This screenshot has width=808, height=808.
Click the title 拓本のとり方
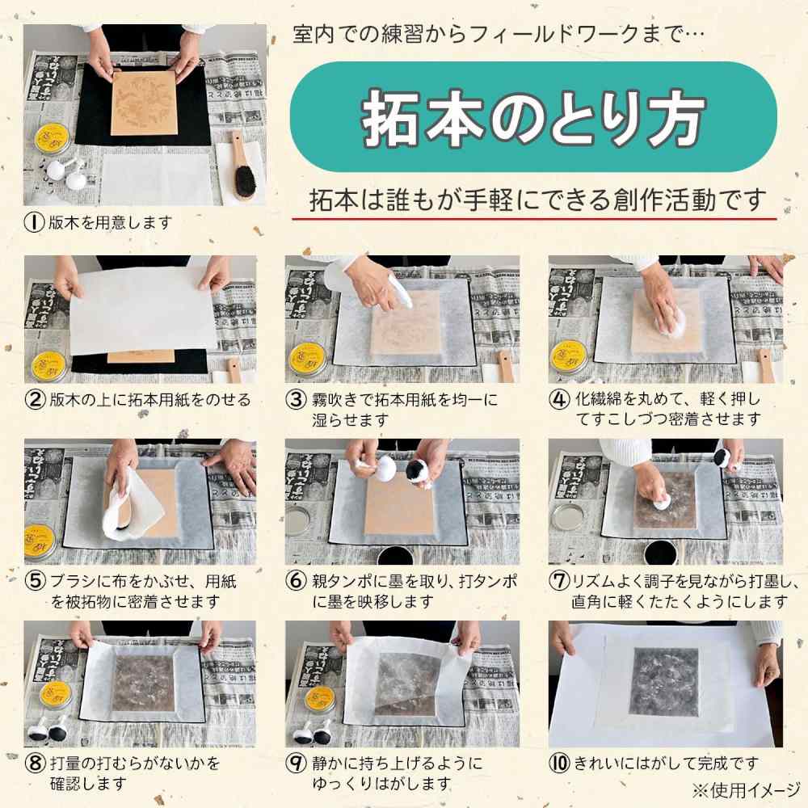pyautogui.click(x=533, y=119)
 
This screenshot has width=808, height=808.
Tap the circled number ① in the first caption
pyautogui.click(x=34, y=222)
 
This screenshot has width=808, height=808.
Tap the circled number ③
pyautogui.click(x=297, y=399)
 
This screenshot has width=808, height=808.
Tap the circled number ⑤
pyautogui.click(x=34, y=581)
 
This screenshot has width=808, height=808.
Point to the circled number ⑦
pyautogui.click(x=559, y=581)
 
